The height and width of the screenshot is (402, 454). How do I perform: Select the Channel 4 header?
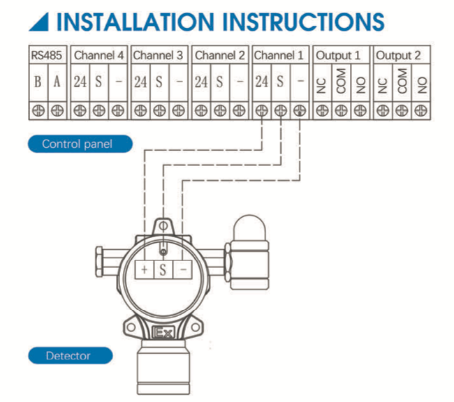[99, 55]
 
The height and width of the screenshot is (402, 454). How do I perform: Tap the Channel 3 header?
[159, 55]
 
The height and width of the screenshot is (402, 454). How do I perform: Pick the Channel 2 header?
[220, 55]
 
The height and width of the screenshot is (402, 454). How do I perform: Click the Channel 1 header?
[280, 55]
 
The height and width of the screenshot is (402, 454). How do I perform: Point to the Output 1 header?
[340, 55]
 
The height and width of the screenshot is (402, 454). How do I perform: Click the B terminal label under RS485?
[38, 82]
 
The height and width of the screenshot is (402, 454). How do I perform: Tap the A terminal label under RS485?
[57, 82]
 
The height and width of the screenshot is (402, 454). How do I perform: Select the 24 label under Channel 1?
[261, 82]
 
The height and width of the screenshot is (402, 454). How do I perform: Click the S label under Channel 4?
[99, 82]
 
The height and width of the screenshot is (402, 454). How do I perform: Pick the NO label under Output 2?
[420, 82]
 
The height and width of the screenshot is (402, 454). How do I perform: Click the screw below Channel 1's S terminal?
[281, 110]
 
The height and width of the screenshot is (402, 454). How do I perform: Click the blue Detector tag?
[68, 355]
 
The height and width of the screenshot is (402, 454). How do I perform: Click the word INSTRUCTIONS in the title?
[295, 21]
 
